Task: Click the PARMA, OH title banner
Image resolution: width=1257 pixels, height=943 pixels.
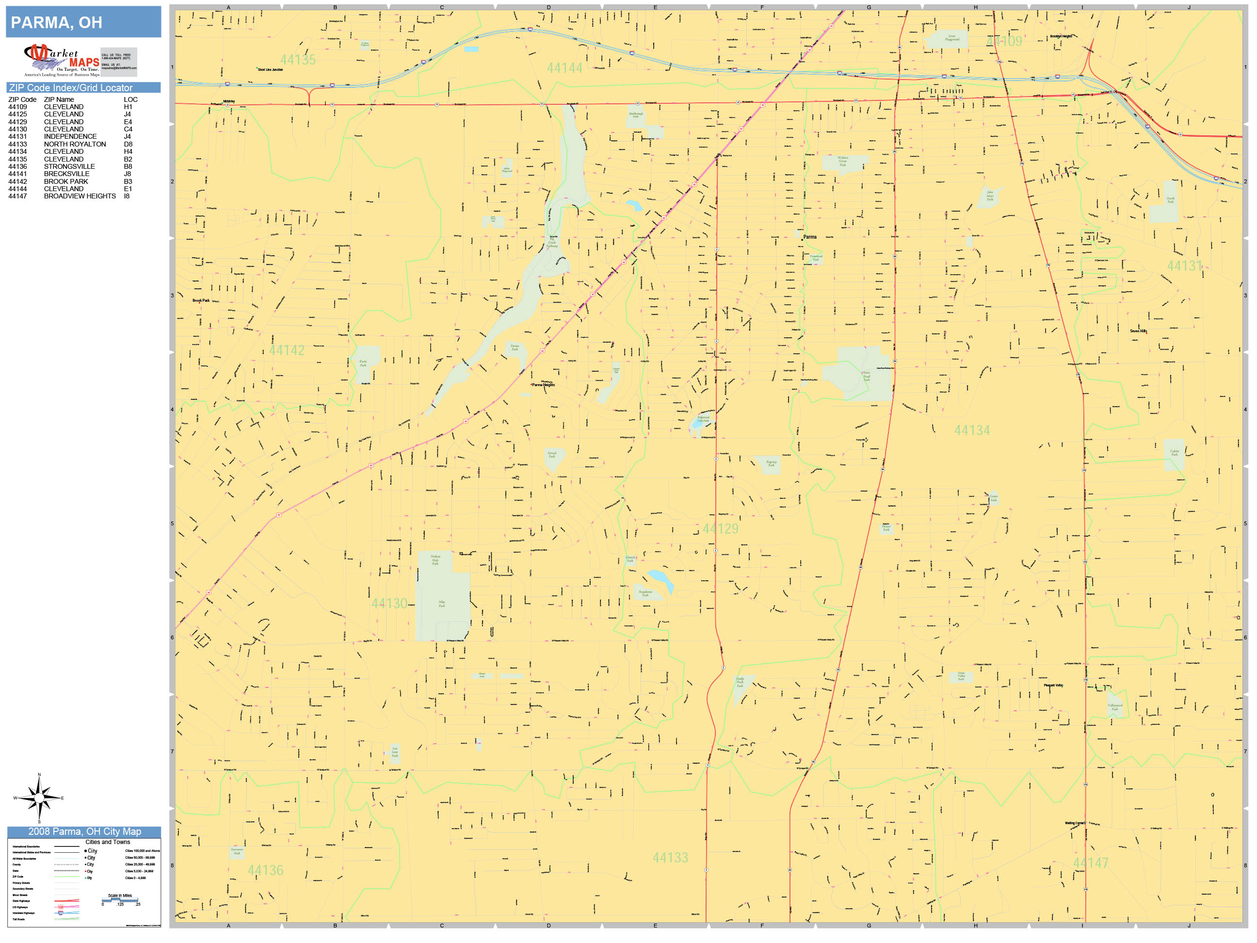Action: pos(83,22)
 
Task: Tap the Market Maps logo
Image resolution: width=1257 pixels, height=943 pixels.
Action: pos(62,60)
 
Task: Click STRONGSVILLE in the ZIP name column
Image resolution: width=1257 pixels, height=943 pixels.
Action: pos(69,166)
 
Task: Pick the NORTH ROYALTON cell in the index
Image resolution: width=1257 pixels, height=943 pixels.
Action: pos(75,145)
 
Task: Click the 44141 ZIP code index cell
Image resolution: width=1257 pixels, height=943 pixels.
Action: pos(17,174)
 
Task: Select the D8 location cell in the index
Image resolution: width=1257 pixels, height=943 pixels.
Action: pos(128,145)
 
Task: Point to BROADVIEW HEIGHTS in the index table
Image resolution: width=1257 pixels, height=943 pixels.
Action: pos(80,196)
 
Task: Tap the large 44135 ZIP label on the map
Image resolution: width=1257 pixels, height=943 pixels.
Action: pos(298,60)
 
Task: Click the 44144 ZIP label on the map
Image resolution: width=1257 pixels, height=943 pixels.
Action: pos(564,68)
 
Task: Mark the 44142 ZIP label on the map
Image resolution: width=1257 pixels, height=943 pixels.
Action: pos(287,350)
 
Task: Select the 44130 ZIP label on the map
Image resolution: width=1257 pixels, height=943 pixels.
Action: pos(389,603)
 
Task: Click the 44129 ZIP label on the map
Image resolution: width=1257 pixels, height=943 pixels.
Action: pos(720,529)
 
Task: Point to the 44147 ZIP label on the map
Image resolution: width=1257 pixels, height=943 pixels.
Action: pos(1090,863)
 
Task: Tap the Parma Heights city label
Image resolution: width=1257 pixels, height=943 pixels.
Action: pos(543,385)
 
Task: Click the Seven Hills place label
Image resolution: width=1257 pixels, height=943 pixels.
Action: pos(1138,331)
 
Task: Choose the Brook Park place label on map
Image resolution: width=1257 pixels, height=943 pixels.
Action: pos(201,300)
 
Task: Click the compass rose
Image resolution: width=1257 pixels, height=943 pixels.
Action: pos(39,798)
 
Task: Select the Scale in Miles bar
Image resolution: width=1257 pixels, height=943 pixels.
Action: pos(120,900)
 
